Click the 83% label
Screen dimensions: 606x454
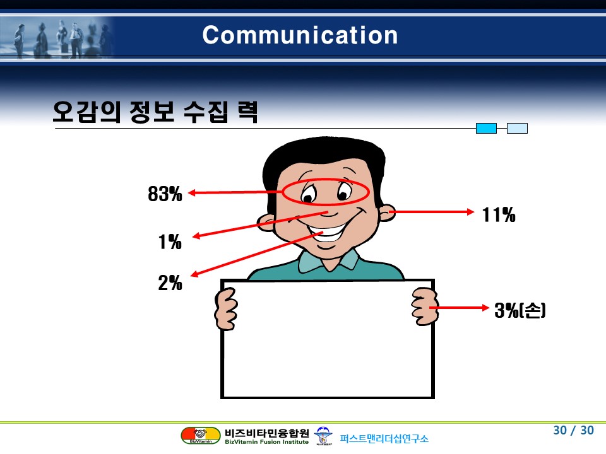tap(165, 194)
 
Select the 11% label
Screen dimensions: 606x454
tap(499, 214)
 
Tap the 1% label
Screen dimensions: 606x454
tap(170, 242)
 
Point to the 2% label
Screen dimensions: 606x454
tap(170, 282)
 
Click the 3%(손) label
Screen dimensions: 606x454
tap(520, 310)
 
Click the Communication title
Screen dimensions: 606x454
tap(300, 35)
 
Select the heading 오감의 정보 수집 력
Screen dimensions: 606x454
tap(155, 112)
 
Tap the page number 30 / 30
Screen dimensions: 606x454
tap(574, 430)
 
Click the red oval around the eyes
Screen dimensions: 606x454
tap(326, 179)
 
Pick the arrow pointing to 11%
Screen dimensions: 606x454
tap(431, 212)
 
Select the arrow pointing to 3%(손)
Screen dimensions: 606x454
tap(459, 308)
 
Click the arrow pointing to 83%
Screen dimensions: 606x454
tap(235, 192)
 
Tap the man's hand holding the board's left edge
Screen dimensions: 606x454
tap(226, 309)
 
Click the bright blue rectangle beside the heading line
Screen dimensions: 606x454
tap(486, 128)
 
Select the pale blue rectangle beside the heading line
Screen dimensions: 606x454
tap(517, 128)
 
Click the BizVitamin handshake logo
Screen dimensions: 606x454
tap(201, 436)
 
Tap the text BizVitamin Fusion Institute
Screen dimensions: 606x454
tap(266, 442)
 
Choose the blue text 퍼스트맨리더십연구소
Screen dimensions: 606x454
tap(384, 439)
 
